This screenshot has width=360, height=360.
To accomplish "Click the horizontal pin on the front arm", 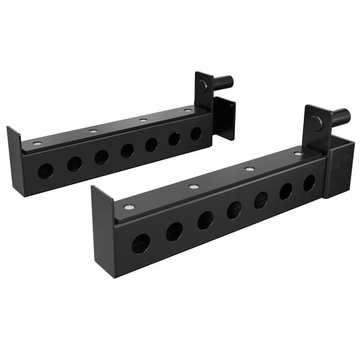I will coord(339,116).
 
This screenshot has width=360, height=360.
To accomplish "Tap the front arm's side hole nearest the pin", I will coord(309,183).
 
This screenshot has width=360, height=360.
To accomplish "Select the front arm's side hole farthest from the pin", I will coord(141,242).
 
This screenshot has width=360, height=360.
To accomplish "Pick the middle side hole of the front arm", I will coord(234,209).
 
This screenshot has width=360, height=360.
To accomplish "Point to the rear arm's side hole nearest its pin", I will coord(196,133).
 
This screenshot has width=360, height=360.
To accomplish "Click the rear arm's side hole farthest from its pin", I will coord(45,171).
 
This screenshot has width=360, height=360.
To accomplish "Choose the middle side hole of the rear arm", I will coord(127,150).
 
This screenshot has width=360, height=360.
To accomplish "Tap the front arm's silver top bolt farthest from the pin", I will coord(129,207).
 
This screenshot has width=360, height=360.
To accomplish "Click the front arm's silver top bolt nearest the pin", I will coord(298,154).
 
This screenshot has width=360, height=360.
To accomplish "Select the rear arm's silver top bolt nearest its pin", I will coord(187,111).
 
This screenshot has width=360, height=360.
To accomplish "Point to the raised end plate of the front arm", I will coord(103,231).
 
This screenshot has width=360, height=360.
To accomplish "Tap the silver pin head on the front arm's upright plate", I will coord(317,124).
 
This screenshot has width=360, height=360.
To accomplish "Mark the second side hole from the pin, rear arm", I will coord(174,138).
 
